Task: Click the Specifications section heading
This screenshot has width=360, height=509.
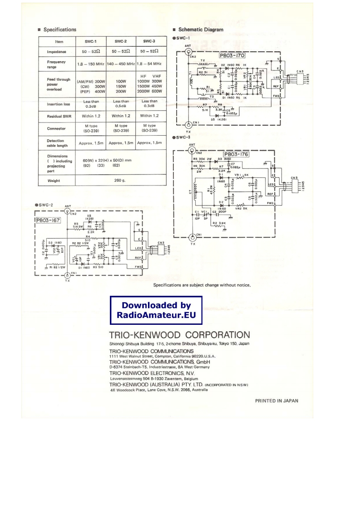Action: (x=59, y=29)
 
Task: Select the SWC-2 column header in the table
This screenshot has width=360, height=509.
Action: (x=121, y=41)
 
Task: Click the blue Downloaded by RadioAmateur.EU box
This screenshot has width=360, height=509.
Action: (x=156, y=310)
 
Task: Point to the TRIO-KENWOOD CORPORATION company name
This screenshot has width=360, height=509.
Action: (x=180, y=335)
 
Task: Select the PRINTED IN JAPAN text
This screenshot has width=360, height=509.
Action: (x=277, y=401)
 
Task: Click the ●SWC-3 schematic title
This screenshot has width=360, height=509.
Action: (x=181, y=137)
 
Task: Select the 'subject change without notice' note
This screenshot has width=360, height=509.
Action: (x=202, y=285)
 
